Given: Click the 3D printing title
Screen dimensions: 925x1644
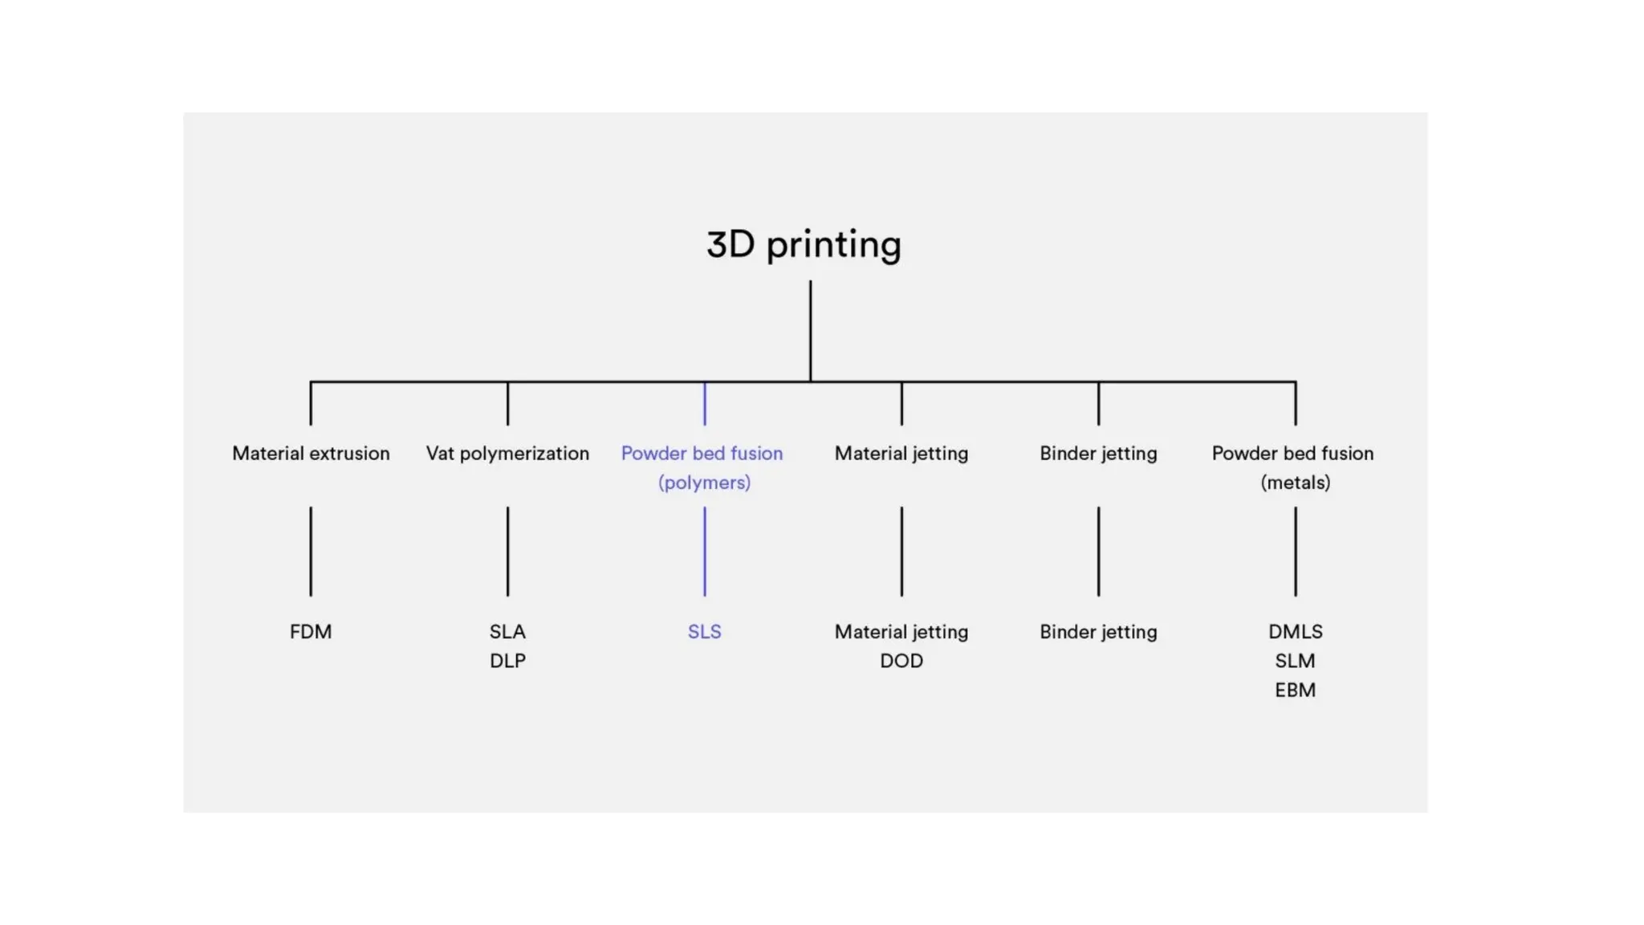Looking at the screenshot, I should pyautogui.click(x=804, y=245).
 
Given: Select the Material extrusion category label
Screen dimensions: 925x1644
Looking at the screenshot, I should pyautogui.click(x=311, y=454).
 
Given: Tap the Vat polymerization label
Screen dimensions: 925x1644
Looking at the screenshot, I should pyautogui.click(x=507, y=454).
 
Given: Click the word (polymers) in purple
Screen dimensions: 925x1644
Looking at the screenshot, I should pyautogui.click(x=704, y=483).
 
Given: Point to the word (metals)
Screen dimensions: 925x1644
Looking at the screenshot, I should pyautogui.click(x=1295, y=483).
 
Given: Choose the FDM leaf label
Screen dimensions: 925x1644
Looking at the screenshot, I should pyautogui.click(x=311, y=632).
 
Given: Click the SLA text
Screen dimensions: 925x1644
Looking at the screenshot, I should pyautogui.click(x=507, y=632).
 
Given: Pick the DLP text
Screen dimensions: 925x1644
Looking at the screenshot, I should pyautogui.click(x=507, y=661).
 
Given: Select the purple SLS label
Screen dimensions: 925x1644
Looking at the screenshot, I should pyautogui.click(x=704, y=632).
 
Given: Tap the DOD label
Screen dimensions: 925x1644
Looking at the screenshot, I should pyautogui.click(x=901, y=661).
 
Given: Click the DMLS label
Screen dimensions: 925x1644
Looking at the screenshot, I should pyautogui.click(x=1295, y=632).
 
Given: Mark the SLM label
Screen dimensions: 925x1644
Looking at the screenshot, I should pyautogui.click(x=1295, y=661).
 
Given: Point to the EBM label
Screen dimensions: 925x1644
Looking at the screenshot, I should pyautogui.click(x=1295, y=690).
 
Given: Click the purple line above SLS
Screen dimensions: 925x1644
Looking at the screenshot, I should pyautogui.click(x=705, y=552).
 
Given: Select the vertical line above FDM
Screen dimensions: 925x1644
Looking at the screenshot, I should pyautogui.click(x=311, y=552).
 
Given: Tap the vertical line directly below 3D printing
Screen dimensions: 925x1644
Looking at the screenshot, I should pyautogui.click(x=810, y=330).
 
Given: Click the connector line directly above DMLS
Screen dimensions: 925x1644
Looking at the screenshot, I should pyautogui.click(x=1295, y=552).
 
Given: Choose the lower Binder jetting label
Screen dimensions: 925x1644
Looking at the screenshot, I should pyautogui.click(x=1098, y=632).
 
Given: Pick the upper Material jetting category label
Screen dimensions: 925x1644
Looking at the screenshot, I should pyautogui.click(x=901, y=454).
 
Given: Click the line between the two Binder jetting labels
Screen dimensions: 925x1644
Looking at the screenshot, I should pyautogui.click(x=1098, y=552).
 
